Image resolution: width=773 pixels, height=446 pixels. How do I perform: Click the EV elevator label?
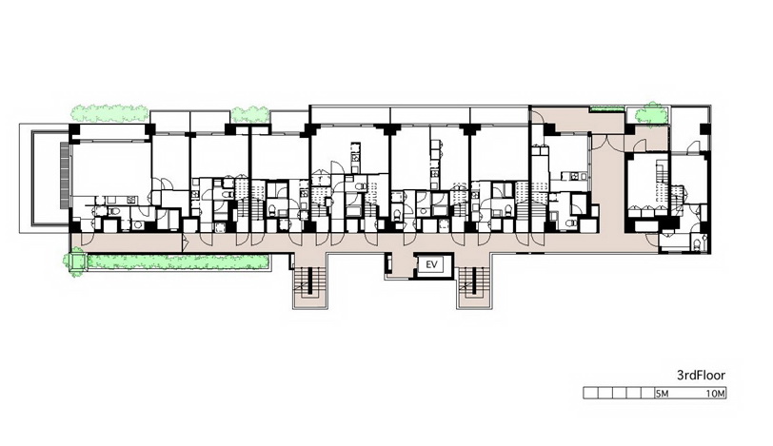point(431,264)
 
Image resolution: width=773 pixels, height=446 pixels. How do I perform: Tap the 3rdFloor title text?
point(701,376)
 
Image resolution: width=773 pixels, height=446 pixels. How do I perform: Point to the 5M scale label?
point(662,394)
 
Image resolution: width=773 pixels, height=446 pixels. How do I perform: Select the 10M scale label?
point(715,394)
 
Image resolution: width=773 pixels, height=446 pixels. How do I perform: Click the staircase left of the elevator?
point(309,284)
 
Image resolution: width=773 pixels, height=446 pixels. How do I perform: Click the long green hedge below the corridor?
point(178,262)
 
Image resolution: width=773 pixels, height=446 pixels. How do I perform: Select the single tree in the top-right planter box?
point(651,113)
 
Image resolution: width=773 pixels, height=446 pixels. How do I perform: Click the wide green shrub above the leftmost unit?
point(109,113)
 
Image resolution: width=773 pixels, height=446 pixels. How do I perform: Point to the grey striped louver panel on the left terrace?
point(65,175)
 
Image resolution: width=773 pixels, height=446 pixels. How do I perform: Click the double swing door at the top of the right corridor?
point(607,142)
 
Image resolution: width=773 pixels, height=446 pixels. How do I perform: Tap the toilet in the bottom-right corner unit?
point(696,244)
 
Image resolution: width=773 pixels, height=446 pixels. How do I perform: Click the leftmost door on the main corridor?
point(87,239)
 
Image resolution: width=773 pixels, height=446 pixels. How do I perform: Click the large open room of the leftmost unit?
point(111,168)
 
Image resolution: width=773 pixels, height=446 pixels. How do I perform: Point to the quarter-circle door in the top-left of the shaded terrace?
point(537,117)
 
